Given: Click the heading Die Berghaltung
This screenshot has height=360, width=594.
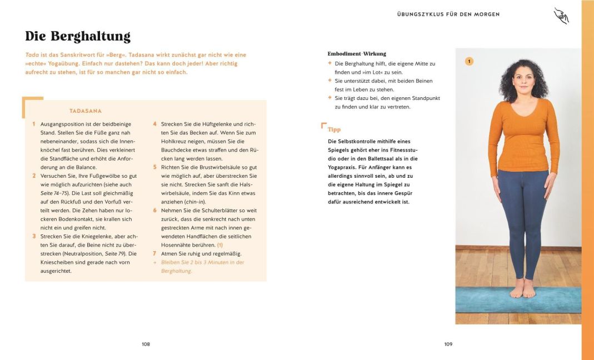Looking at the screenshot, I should (x=78, y=37).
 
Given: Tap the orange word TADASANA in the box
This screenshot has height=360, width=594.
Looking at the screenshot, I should (x=85, y=111).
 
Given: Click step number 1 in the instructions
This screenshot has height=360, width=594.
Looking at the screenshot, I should (x=34, y=124).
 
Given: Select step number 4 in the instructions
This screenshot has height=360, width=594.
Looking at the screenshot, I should (x=155, y=124).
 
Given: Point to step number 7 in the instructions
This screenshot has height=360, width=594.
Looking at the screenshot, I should (x=155, y=253).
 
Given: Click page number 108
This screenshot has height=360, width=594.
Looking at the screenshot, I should (x=146, y=344).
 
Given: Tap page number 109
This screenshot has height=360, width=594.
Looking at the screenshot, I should (x=448, y=344).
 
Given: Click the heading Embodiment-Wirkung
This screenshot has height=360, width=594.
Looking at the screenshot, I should (x=357, y=54).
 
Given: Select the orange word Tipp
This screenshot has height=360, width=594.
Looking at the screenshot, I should (x=334, y=129).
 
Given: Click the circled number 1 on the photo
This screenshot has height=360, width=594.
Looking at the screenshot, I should (x=469, y=62).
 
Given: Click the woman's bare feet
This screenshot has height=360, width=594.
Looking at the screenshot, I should (x=522, y=289).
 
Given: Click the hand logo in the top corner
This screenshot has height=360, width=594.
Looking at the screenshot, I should (x=561, y=16).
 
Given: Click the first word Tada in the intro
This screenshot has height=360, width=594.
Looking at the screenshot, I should (x=31, y=55).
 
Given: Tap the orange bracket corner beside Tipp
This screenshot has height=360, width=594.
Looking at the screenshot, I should (x=323, y=126).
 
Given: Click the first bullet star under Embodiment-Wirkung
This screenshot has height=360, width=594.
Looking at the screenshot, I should (x=330, y=63).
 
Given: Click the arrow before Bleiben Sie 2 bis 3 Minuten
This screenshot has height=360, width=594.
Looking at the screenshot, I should (x=155, y=262).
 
